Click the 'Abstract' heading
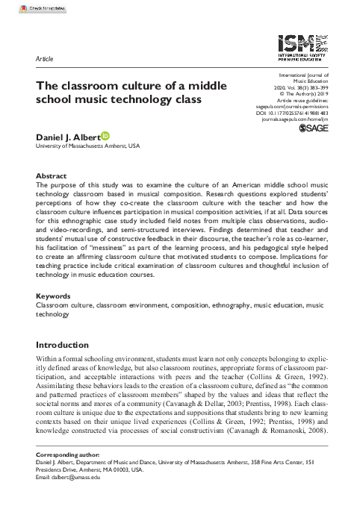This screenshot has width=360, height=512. [52, 172]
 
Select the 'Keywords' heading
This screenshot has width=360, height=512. [55, 296]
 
